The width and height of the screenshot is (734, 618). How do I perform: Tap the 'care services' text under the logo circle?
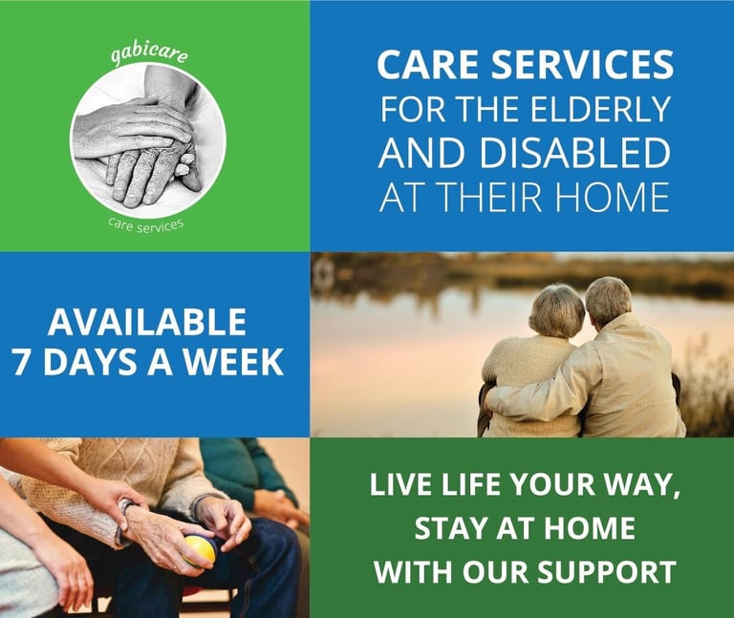[x=146, y=225]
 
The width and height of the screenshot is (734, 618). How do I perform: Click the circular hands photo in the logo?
[x=148, y=142]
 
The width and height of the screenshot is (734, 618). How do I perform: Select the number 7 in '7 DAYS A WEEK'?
[x=23, y=362]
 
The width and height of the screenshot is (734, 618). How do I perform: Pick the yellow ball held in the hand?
[x=200, y=550]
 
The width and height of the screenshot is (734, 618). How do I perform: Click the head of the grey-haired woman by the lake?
[x=556, y=311]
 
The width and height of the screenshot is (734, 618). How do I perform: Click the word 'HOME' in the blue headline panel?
[x=612, y=197]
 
